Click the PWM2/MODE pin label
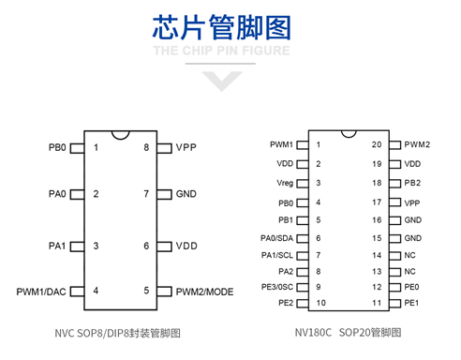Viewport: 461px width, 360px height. [205, 292]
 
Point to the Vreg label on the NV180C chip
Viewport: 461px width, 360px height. [285, 183]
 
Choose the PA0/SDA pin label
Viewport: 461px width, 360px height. [278, 237]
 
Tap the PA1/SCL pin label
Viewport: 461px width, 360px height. [278, 254]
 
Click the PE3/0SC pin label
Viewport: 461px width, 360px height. [277, 286]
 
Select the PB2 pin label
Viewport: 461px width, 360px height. [411, 183]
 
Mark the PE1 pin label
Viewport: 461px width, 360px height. [411, 303]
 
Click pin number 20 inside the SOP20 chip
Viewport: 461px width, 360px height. [376, 144]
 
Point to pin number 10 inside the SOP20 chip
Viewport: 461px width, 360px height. [320, 303]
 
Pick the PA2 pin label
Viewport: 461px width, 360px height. [285, 270]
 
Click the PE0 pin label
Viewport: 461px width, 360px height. [411, 287]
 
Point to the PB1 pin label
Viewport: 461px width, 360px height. [286, 220]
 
